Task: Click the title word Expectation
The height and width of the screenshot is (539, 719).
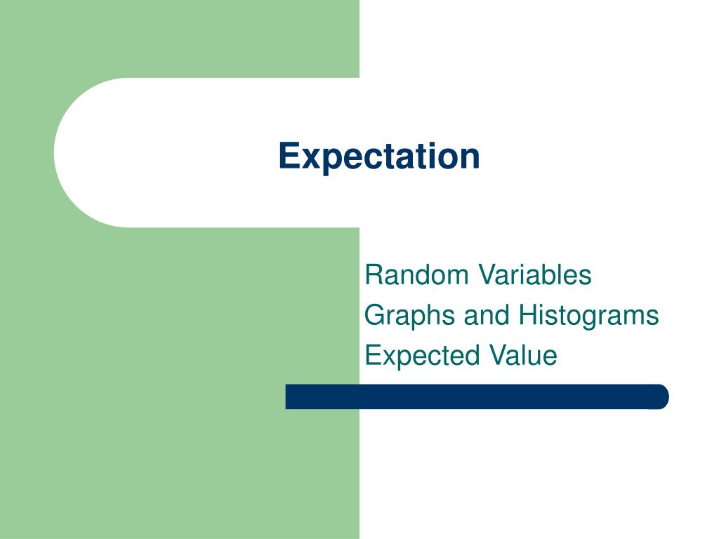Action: [x=379, y=156]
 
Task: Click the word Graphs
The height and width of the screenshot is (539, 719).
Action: [x=411, y=316]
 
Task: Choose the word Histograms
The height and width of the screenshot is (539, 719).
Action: [x=588, y=316]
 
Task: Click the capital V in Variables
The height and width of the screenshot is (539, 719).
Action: [x=487, y=274]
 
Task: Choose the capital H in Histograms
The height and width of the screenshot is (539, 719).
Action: [x=527, y=315]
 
